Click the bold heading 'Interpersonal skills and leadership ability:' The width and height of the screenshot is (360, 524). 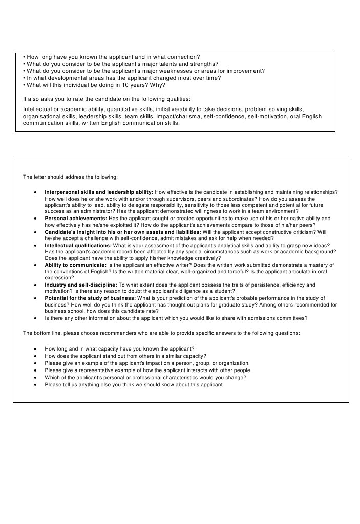click(x=99, y=192)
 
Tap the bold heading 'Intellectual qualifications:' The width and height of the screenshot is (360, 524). click(x=78, y=245)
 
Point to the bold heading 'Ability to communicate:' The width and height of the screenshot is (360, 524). click(x=74, y=265)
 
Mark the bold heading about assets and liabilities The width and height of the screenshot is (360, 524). click(x=122, y=232)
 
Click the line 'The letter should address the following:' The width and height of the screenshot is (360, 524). click(x=70, y=177)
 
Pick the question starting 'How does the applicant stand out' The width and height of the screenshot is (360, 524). click(x=125, y=356)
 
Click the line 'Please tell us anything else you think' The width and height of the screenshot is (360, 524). click(x=134, y=384)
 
